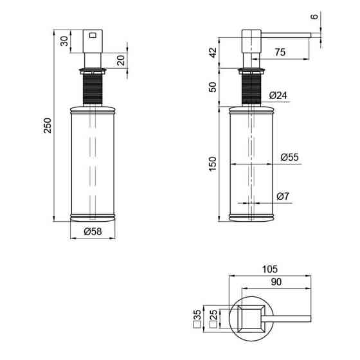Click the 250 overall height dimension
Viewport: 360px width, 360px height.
pos(48,125)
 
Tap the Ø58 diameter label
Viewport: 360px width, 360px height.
pos(93,231)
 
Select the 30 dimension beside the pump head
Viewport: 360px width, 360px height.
pos(64,41)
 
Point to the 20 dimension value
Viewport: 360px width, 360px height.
pos(121,60)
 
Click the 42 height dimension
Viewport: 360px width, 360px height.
pos(213,53)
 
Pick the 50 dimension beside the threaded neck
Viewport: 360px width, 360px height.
pos(213,87)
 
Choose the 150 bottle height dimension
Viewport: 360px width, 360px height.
pos(213,164)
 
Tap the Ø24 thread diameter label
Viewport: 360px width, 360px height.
pos(278,95)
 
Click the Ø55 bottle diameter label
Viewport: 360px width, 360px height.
pos(289,157)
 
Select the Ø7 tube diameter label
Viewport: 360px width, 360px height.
pos(283,196)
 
